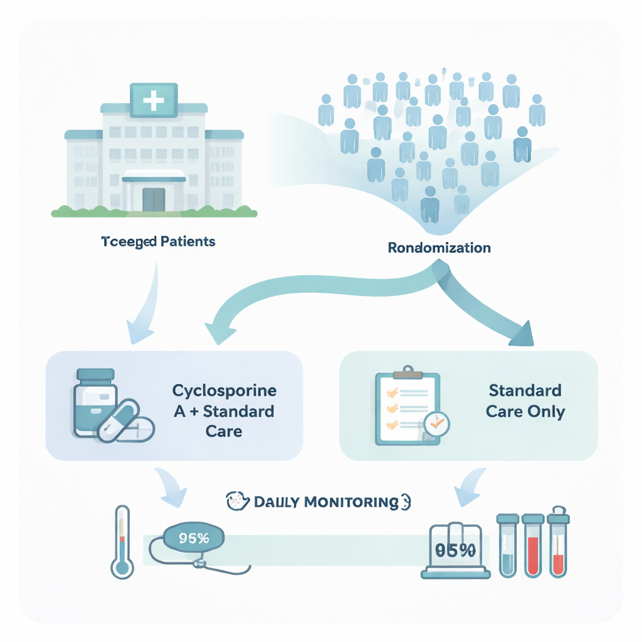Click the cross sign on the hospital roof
pyautogui.click(x=154, y=100)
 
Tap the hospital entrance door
pyautogui.click(x=154, y=199)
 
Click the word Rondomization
pyautogui.click(x=439, y=248)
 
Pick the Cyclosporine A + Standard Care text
pyautogui.click(x=224, y=411)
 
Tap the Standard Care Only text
pyautogui.click(x=525, y=401)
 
